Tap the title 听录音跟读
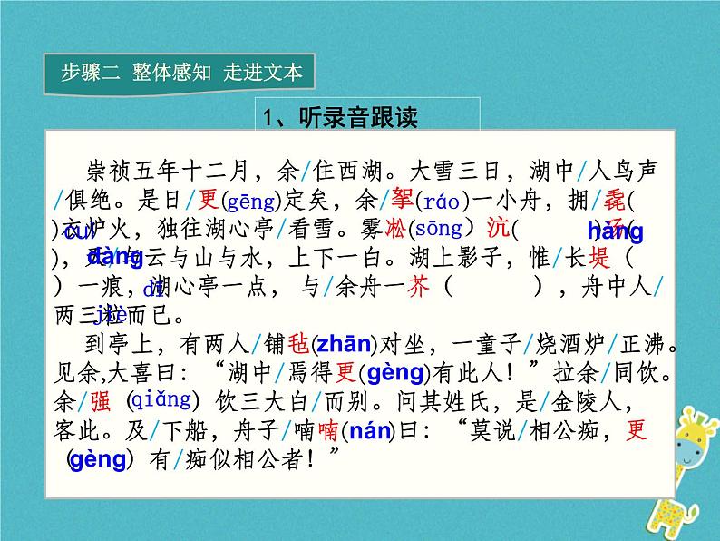(340, 117)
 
